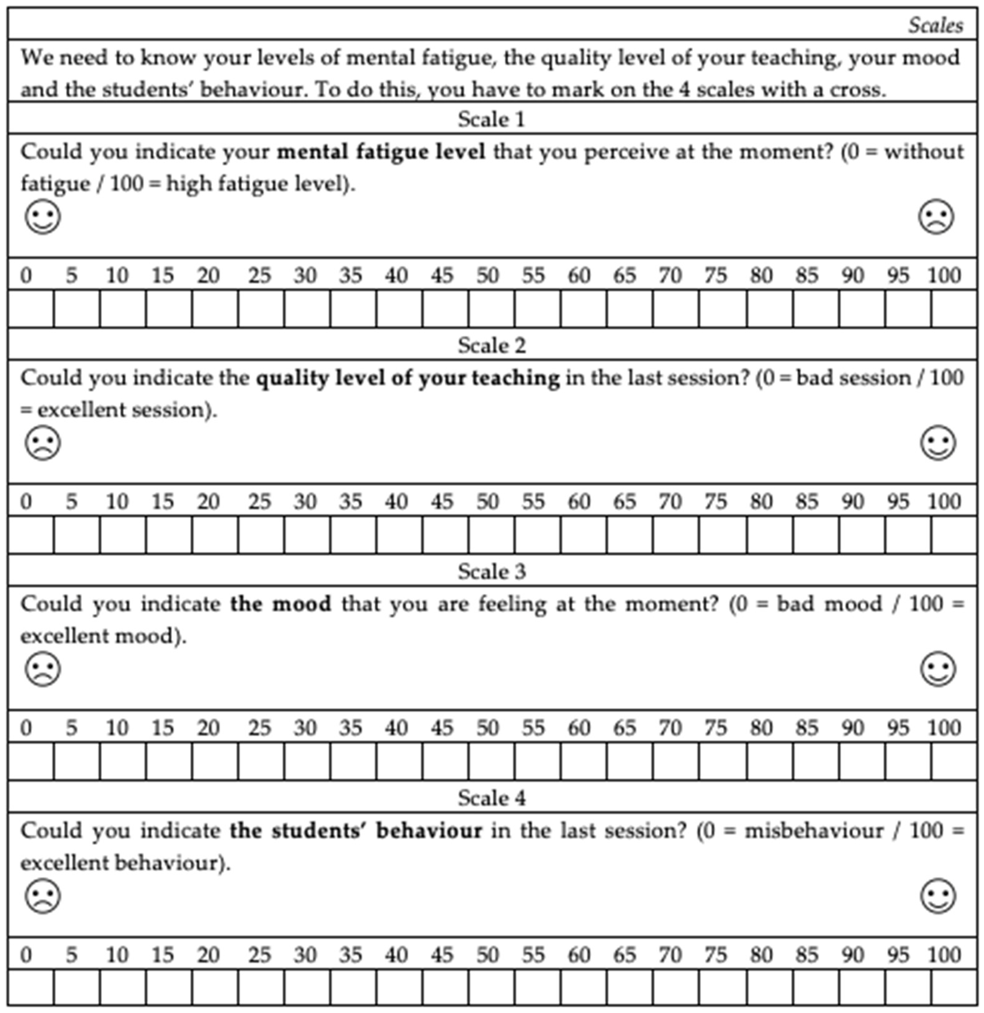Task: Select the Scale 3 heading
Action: click(x=491, y=572)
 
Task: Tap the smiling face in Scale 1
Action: click(x=43, y=217)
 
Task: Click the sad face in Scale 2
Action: click(x=43, y=443)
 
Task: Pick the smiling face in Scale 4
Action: click(x=938, y=896)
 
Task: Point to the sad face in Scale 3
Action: click(x=43, y=669)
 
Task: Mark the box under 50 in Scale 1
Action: click(x=491, y=308)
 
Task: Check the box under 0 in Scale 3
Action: click(x=31, y=761)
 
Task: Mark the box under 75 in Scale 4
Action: click(x=722, y=987)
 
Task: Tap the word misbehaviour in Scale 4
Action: click(x=814, y=830)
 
